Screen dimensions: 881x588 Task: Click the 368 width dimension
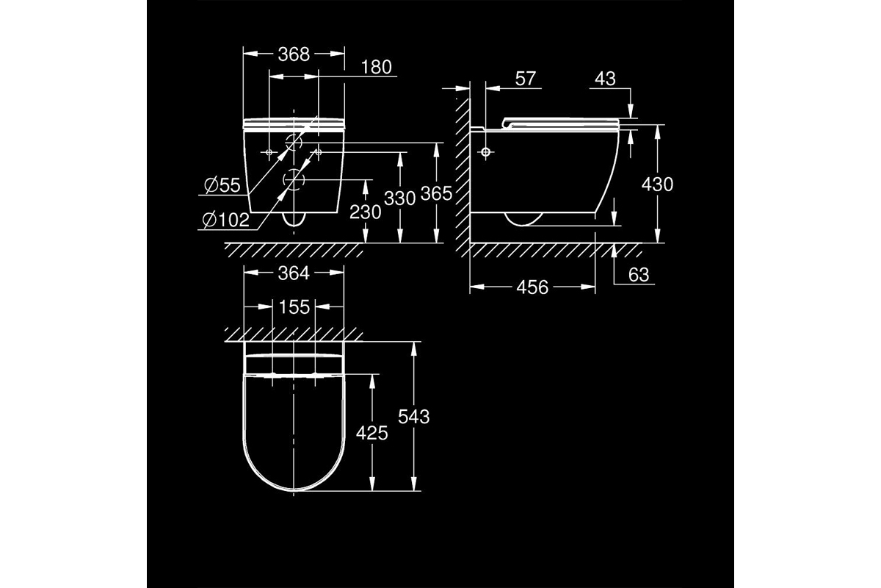tap(294, 54)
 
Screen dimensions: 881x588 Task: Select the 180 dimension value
tap(377, 68)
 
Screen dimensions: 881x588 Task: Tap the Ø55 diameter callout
tap(222, 185)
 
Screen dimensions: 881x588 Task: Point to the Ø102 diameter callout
tap(226, 220)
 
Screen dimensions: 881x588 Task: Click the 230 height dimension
tap(366, 212)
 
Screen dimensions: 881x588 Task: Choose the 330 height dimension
tap(400, 198)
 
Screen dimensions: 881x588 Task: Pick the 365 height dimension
tap(437, 193)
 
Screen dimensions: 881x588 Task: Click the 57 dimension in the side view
tap(526, 79)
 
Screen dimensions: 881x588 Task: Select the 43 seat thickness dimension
tap(605, 79)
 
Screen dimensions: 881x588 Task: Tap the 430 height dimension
tap(657, 184)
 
